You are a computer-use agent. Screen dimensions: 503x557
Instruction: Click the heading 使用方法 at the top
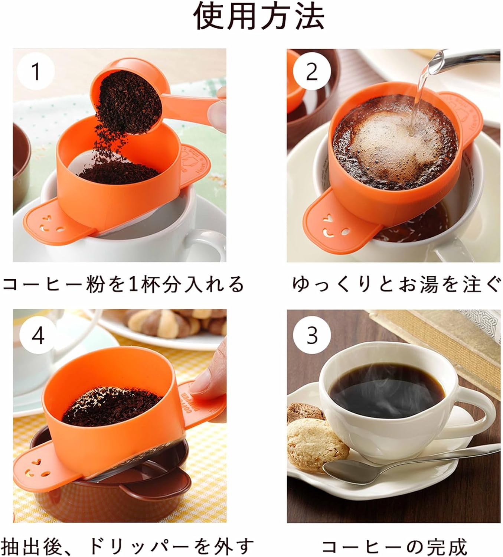pos(259,17)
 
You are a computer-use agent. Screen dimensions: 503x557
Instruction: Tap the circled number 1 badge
pos(36,71)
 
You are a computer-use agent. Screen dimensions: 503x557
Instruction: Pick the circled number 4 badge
pos(38,335)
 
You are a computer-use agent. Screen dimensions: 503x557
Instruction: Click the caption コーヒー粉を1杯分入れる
pos(123,284)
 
